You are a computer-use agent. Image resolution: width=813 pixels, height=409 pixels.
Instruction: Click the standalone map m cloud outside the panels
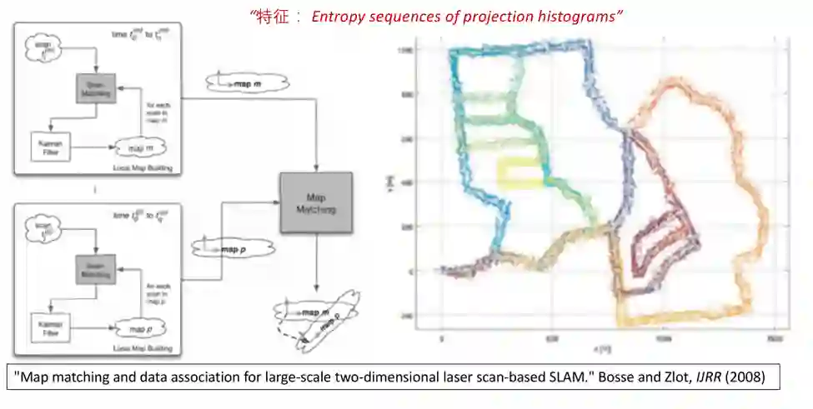[246, 82]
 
